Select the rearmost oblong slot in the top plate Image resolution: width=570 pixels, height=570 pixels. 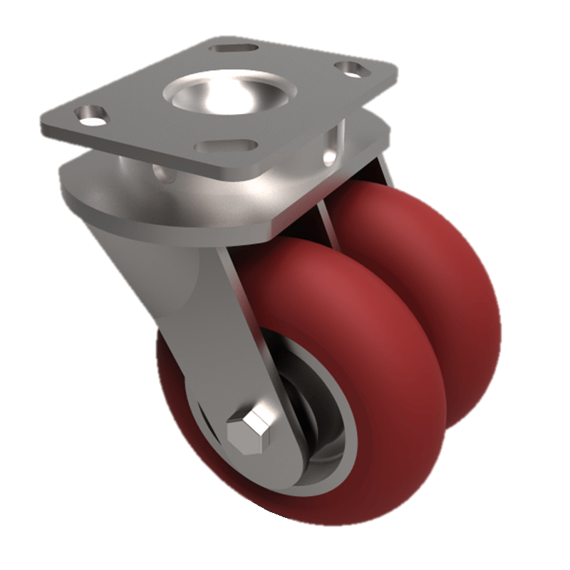pos(233,48)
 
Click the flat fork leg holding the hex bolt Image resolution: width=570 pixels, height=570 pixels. pos(228,335)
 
